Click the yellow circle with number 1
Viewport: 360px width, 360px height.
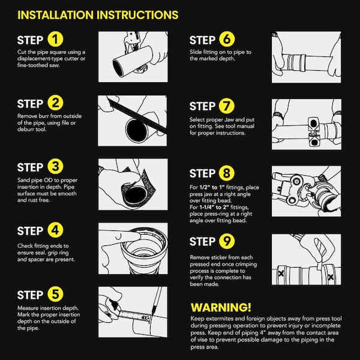[55, 39]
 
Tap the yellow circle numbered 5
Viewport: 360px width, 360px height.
[55, 294]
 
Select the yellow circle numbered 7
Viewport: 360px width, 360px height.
[227, 106]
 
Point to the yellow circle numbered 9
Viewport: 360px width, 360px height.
[227, 241]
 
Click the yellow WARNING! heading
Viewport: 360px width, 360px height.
[221, 307]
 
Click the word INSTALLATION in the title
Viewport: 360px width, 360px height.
[56, 15]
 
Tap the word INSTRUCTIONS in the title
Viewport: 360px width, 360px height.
[137, 15]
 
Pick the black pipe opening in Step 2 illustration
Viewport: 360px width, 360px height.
[136, 131]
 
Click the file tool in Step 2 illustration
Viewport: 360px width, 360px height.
[137, 115]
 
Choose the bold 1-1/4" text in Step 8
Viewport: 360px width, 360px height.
[206, 208]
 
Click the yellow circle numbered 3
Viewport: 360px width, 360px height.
[55, 166]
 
